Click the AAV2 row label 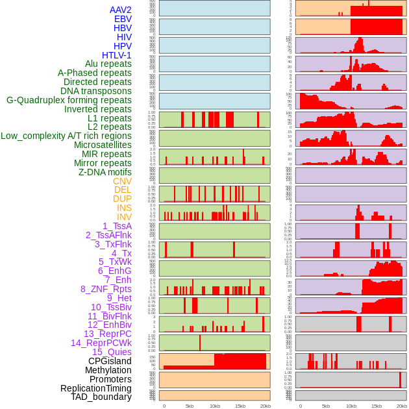[x=120, y=10]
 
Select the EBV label [x=123, y=19]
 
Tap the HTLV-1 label [x=116, y=55]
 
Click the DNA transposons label [x=96, y=91]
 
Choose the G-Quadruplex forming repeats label [x=69, y=100]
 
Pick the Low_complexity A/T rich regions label [x=66, y=136]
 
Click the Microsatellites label [x=103, y=145]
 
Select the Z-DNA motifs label [x=105, y=172]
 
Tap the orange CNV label [x=122, y=181]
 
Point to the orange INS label [x=124, y=208]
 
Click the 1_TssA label [x=117, y=226]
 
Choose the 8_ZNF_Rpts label [x=106, y=289]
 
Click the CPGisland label [x=110, y=361]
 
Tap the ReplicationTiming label [x=95, y=388]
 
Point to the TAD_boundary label [x=101, y=397]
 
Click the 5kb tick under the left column [x=190, y=406]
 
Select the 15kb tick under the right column [x=377, y=406]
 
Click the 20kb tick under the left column [x=265, y=406]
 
